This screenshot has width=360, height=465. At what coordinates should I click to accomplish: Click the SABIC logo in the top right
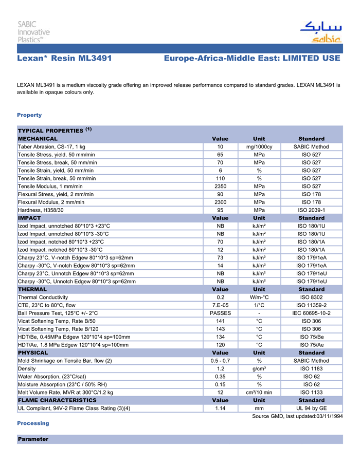point(319,32)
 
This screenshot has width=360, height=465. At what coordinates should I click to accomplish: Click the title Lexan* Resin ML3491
point(64,59)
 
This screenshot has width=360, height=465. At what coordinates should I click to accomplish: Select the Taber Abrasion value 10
point(220,147)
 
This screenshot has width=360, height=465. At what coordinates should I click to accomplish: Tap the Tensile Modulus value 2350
point(220,186)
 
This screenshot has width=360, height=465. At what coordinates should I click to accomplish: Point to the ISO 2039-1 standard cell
point(311,210)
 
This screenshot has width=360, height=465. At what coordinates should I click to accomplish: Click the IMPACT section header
point(29,218)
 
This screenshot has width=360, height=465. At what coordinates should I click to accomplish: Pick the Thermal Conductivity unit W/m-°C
point(259,297)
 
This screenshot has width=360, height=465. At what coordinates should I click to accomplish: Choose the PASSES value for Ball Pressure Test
point(220,313)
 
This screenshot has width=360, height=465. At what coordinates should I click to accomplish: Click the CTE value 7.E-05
point(220,305)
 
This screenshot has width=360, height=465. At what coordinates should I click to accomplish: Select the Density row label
point(27,368)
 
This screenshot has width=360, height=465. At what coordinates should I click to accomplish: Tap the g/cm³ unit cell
point(259,368)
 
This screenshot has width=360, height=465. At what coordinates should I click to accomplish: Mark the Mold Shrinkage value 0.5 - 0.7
point(220,361)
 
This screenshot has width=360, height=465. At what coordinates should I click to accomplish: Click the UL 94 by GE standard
point(311,408)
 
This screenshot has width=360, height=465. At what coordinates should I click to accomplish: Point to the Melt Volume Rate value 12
point(220,392)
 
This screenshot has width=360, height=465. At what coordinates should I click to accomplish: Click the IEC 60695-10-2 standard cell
point(311,313)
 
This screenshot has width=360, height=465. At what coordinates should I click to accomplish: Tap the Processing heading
point(32,423)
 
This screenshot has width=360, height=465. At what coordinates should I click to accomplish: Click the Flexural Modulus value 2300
point(220,202)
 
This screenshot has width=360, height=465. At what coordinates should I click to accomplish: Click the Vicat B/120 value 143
point(220,329)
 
